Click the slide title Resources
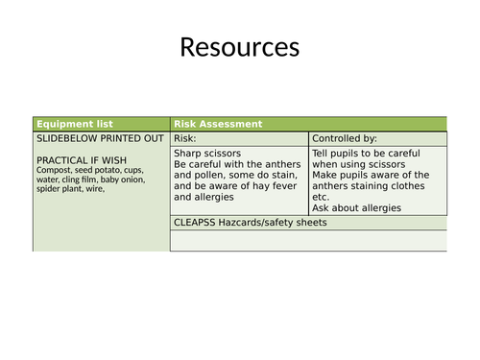[239, 47]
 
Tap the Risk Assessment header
[217, 124]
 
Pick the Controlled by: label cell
[345, 138]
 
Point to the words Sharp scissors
[207, 153]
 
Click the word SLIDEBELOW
[66, 138]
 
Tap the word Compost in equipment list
[57, 171]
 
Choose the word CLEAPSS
[197, 223]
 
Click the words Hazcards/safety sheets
[275, 223]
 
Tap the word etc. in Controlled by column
[322, 197]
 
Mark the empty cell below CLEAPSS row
[307, 241]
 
